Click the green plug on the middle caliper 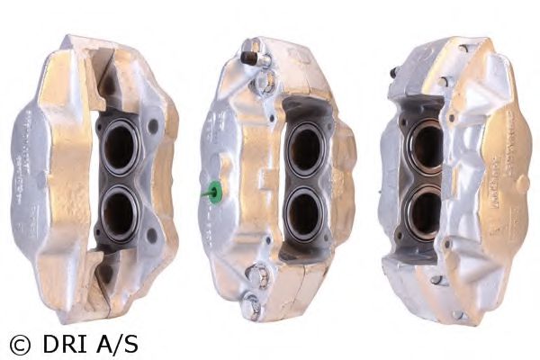tap(214, 191)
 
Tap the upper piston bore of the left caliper tap(119, 148)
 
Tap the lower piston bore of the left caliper tap(119, 212)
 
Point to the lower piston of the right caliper tap(424, 212)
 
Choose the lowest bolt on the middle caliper tap(256, 306)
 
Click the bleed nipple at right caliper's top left tap(395, 72)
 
